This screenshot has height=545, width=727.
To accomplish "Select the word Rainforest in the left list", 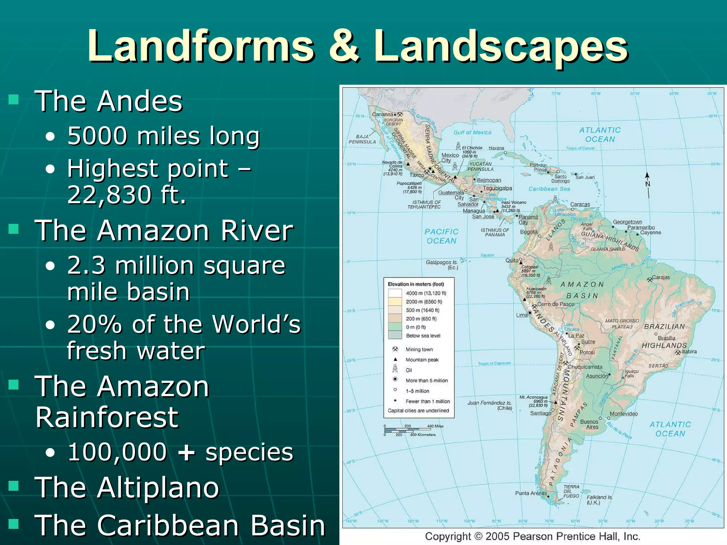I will [107, 417].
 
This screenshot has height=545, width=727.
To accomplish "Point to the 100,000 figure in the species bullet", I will [117, 452].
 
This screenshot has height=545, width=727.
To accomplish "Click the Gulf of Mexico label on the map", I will [472, 132].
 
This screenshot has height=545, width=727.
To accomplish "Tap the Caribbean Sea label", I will [549, 189].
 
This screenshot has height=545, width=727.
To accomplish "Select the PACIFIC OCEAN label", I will [441, 236].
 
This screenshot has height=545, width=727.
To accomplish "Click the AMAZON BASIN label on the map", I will [582, 290].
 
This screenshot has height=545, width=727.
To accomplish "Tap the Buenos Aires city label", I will [589, 424].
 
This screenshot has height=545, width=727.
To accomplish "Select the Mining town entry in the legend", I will [419, 349].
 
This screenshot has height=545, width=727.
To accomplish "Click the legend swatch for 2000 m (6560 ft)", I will [395, 302].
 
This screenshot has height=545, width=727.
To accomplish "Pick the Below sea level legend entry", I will [423, 336].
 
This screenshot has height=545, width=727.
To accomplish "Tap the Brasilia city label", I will [666, 338].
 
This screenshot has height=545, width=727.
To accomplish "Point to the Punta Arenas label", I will [531, 493].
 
